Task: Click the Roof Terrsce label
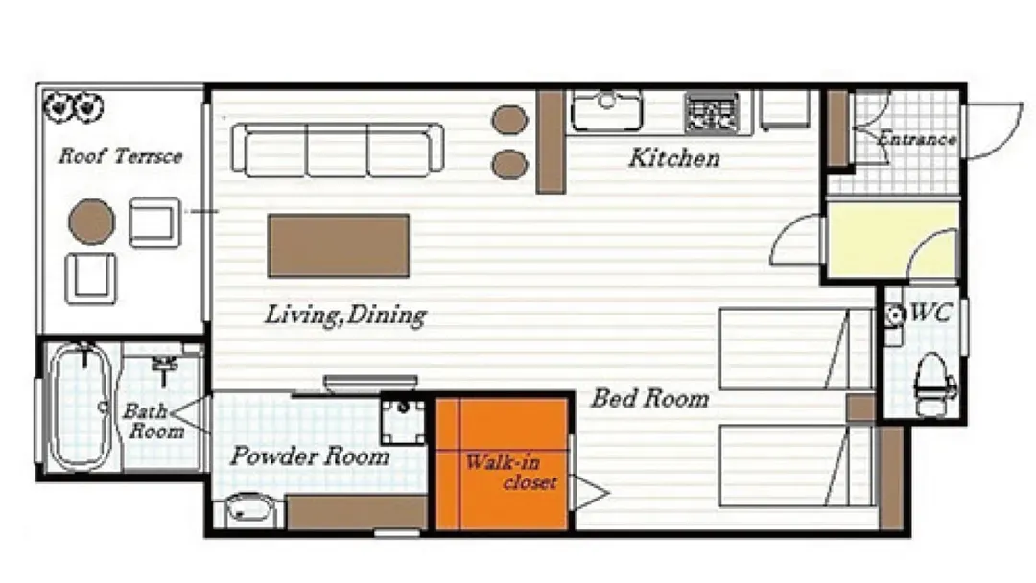[120, 156]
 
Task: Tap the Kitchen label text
[674, 158]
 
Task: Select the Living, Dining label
[345, 315]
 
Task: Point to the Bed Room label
[650, 398]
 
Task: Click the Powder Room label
[310, 456]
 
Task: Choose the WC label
[930, 313]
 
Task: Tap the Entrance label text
[917, 139]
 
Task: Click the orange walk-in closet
[502, 463]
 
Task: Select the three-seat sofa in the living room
[337, 150]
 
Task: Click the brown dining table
[339, 245]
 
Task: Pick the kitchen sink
[606, 109]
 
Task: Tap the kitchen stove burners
[712, 112]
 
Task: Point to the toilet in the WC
[932, 385]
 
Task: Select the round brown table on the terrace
[92, 222]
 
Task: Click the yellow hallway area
[893, 241]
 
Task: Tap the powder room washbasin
[248, 510]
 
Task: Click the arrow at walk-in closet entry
[588, 493]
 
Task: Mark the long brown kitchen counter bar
[551, 142]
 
